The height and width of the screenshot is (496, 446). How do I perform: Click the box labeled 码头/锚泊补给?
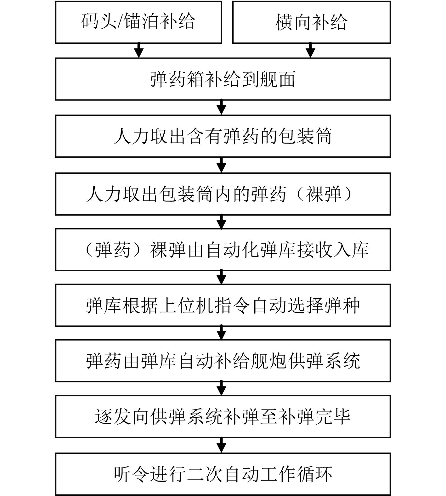(138, 22)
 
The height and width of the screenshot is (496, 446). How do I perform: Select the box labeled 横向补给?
(311, 22)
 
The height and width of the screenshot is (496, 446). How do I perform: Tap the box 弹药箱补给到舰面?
(223, 79)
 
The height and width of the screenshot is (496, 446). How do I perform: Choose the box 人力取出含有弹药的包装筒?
(223, 136)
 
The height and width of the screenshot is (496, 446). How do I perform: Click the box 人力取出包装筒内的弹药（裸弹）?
(223, 194)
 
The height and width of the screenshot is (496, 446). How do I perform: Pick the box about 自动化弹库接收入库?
(223, 250)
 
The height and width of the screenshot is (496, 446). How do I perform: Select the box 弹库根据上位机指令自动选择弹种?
(223, 305)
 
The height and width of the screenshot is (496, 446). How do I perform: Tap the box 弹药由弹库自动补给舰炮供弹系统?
(223, 361)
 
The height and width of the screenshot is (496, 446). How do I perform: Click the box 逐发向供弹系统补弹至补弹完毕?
(223, 416)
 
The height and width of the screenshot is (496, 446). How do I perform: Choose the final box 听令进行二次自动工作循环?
(223, 474)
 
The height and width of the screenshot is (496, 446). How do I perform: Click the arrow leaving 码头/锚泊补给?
(139, 50)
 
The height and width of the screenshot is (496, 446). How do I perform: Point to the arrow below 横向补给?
(311, 50)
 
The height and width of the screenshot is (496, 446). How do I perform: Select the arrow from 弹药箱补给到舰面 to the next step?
(222, 107)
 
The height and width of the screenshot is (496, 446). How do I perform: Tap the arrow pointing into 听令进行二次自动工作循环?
(222, 445)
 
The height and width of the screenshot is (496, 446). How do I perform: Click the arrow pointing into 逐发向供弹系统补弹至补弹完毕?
(222, 388)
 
